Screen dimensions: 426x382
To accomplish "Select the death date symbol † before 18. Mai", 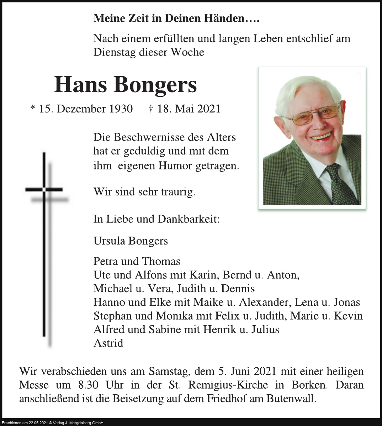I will (151, 109).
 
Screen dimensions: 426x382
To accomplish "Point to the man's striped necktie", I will (340, 185).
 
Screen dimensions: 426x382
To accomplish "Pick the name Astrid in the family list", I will (108, 343).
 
